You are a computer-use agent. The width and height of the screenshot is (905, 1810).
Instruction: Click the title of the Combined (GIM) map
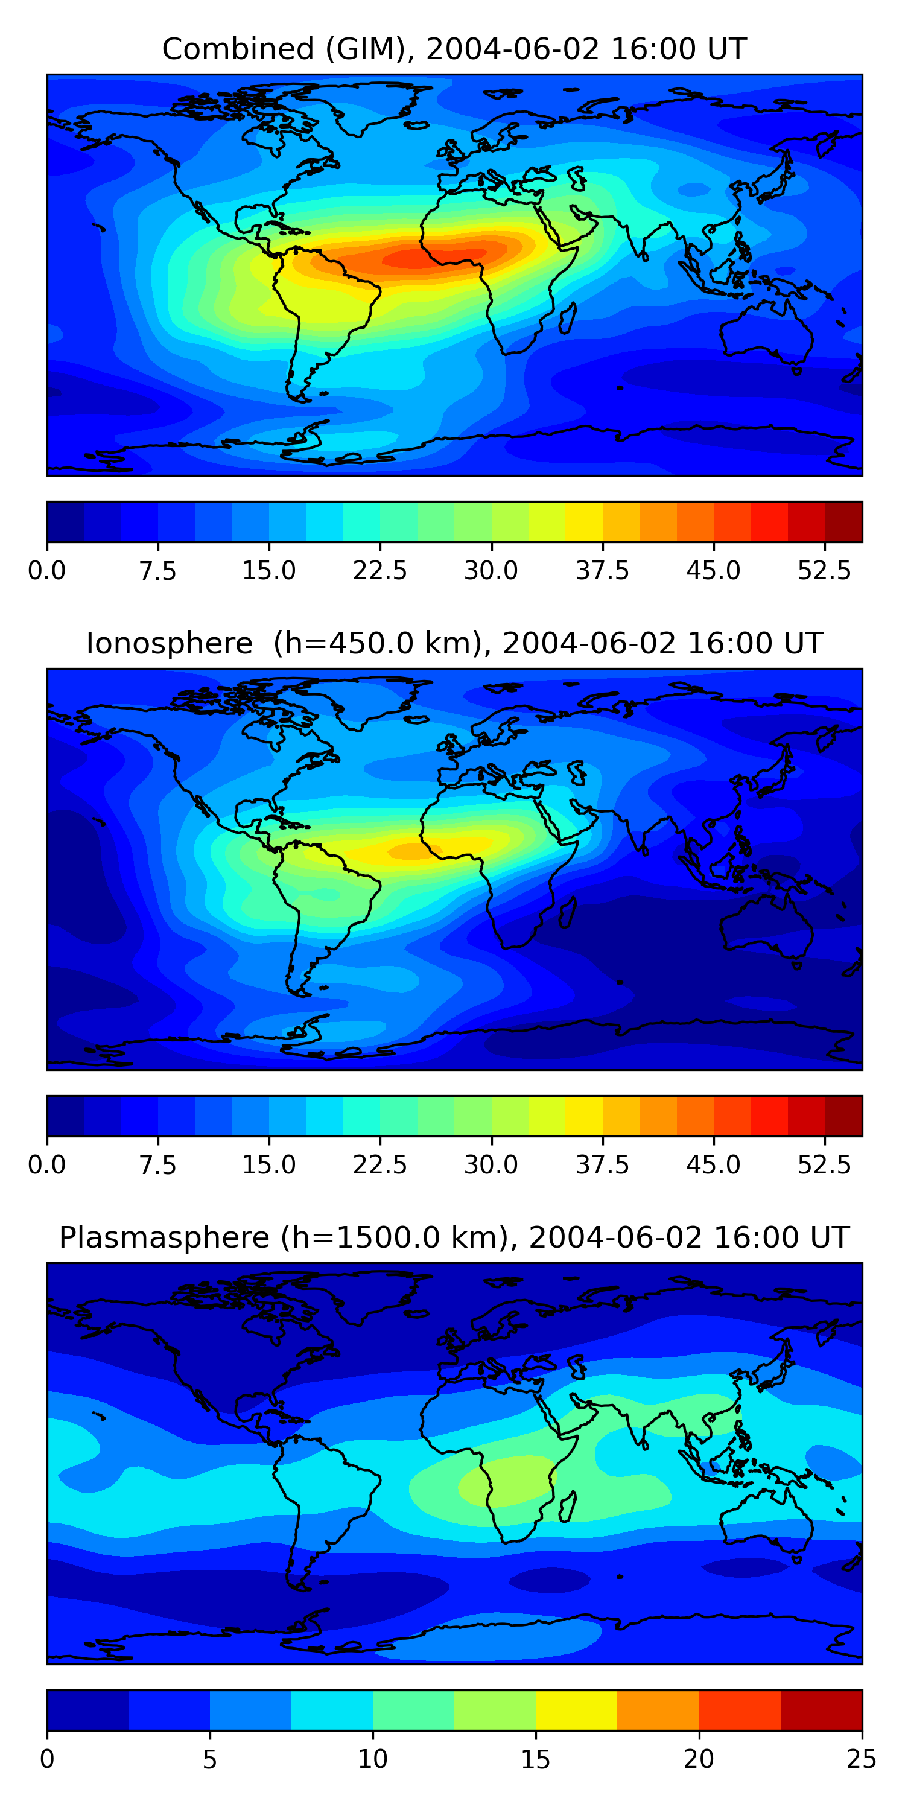454,49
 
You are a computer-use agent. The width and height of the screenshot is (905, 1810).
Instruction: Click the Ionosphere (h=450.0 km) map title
454,644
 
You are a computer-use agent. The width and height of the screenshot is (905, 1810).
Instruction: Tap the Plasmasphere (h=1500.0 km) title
454,1237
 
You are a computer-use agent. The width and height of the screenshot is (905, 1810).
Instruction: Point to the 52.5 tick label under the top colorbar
824,571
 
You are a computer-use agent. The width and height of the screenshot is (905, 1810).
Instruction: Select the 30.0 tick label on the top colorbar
491,571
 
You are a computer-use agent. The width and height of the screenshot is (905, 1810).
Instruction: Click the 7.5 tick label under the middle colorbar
158,1165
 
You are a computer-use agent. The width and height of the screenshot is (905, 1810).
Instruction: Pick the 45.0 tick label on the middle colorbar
713,1165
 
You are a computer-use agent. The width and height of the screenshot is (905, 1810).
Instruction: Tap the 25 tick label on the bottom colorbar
862,1759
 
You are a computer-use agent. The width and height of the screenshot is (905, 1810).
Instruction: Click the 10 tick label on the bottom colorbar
372,1759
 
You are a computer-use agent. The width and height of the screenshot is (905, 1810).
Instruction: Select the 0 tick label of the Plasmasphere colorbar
47,1759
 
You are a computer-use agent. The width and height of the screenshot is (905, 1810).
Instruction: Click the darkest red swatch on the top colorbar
843,522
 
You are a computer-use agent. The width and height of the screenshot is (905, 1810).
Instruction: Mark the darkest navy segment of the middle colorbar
65,1116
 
